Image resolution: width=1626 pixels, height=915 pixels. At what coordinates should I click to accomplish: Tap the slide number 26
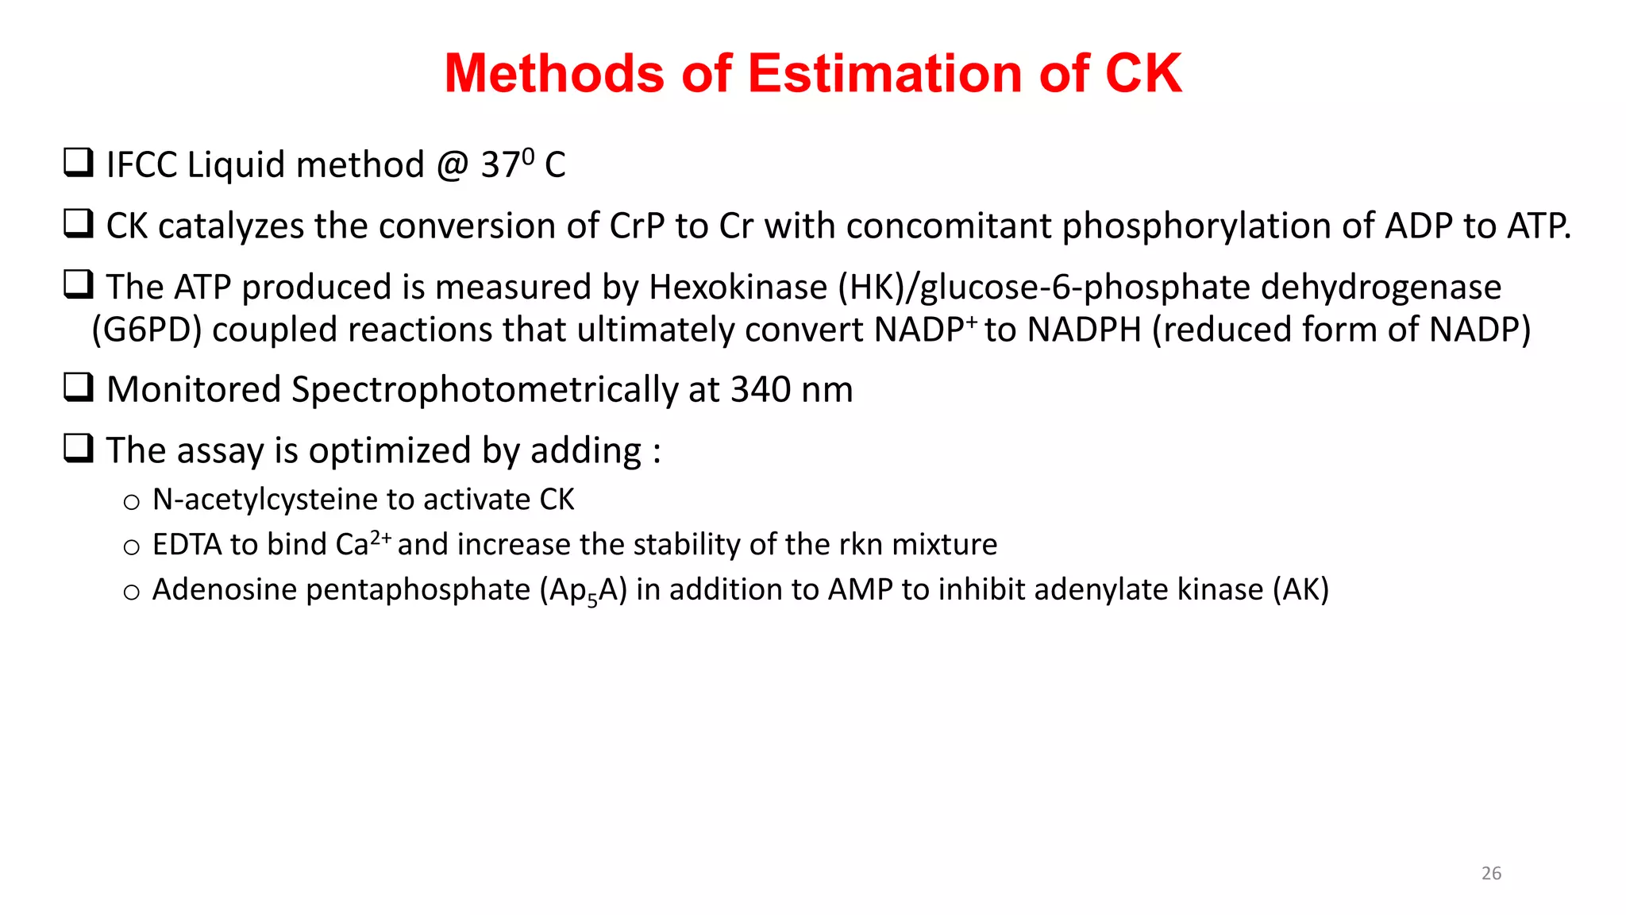(1491, 873)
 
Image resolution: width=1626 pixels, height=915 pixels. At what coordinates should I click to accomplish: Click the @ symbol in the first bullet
(453, 165)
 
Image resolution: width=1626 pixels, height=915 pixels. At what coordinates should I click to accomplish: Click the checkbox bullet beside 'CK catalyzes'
(79, 224)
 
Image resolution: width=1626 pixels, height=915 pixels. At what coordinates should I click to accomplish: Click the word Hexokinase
(738, 288)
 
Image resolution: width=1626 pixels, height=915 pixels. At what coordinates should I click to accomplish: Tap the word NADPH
(1084, 330)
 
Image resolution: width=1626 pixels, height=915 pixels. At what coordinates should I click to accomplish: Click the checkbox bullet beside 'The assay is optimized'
(79, 449)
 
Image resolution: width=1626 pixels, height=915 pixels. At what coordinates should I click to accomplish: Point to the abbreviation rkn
(861, 545)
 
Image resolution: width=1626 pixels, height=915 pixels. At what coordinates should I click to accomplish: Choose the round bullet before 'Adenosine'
(131, 592)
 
